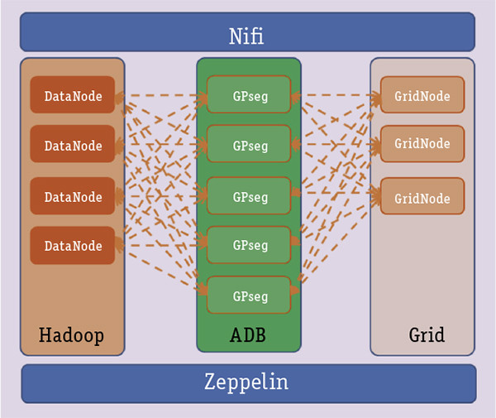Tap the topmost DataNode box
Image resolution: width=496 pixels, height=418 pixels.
(x=73, y=96)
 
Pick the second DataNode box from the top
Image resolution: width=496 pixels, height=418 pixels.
(x=73, y=145)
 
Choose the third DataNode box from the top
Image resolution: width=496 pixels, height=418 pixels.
(x=73, y=196)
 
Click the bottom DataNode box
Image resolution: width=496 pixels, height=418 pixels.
(x=73, y=246)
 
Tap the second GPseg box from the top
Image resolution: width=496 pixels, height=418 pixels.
(x=249, y=144)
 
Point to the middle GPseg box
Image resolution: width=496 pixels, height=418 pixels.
(x=249, y=196)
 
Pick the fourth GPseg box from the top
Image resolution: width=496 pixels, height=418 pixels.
(x=249, y=245)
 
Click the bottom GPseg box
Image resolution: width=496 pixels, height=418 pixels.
(x=249, y=295)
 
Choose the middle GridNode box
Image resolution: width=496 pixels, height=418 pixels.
(x=422, y=144)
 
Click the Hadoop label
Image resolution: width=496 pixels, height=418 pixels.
(x=71, y=335)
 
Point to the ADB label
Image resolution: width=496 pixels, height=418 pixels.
(x=248, y=335)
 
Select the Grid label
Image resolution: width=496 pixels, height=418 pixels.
(x=427, y=335)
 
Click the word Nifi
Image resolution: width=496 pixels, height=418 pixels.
(x=247, y=36)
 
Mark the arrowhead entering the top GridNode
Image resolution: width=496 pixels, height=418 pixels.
(x=376, y=97)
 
